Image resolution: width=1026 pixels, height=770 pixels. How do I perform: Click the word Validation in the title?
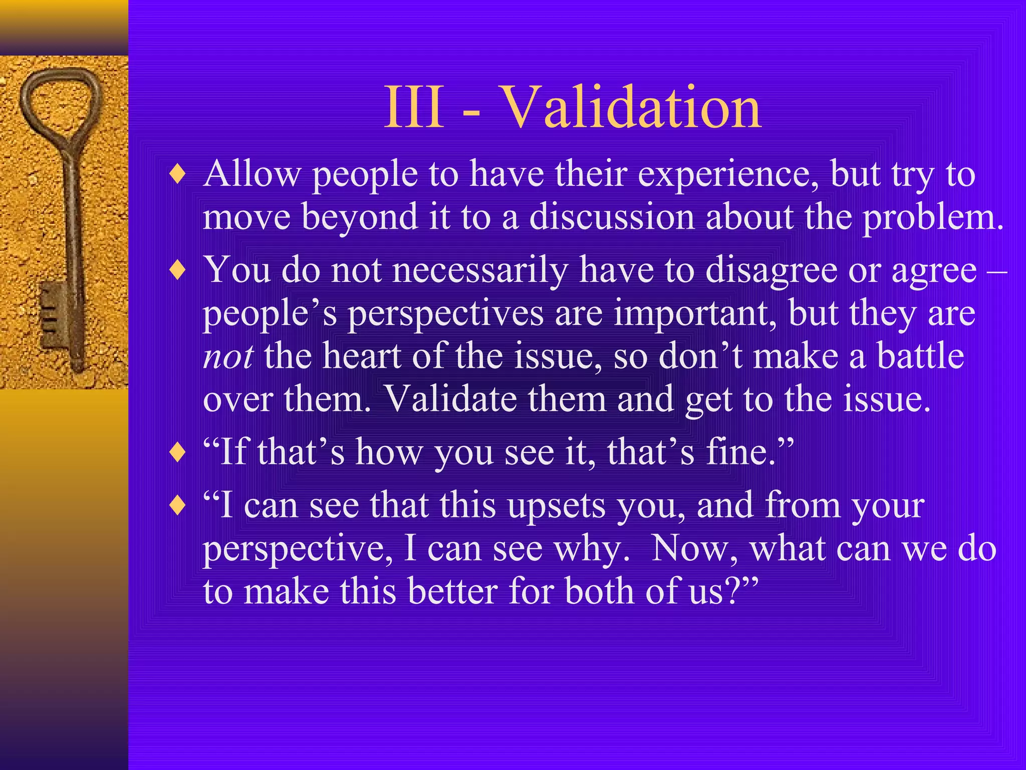point(631,108)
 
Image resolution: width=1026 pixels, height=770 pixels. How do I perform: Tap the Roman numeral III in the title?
point(414,108)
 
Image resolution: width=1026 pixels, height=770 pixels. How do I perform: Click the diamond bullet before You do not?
point(178,272)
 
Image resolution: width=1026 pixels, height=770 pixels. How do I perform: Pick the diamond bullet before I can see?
point(178,506)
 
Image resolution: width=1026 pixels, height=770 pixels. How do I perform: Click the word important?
point(695,314)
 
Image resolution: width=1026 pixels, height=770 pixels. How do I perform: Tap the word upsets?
point(556,506)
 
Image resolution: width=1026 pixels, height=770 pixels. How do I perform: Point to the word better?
point(453,592)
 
